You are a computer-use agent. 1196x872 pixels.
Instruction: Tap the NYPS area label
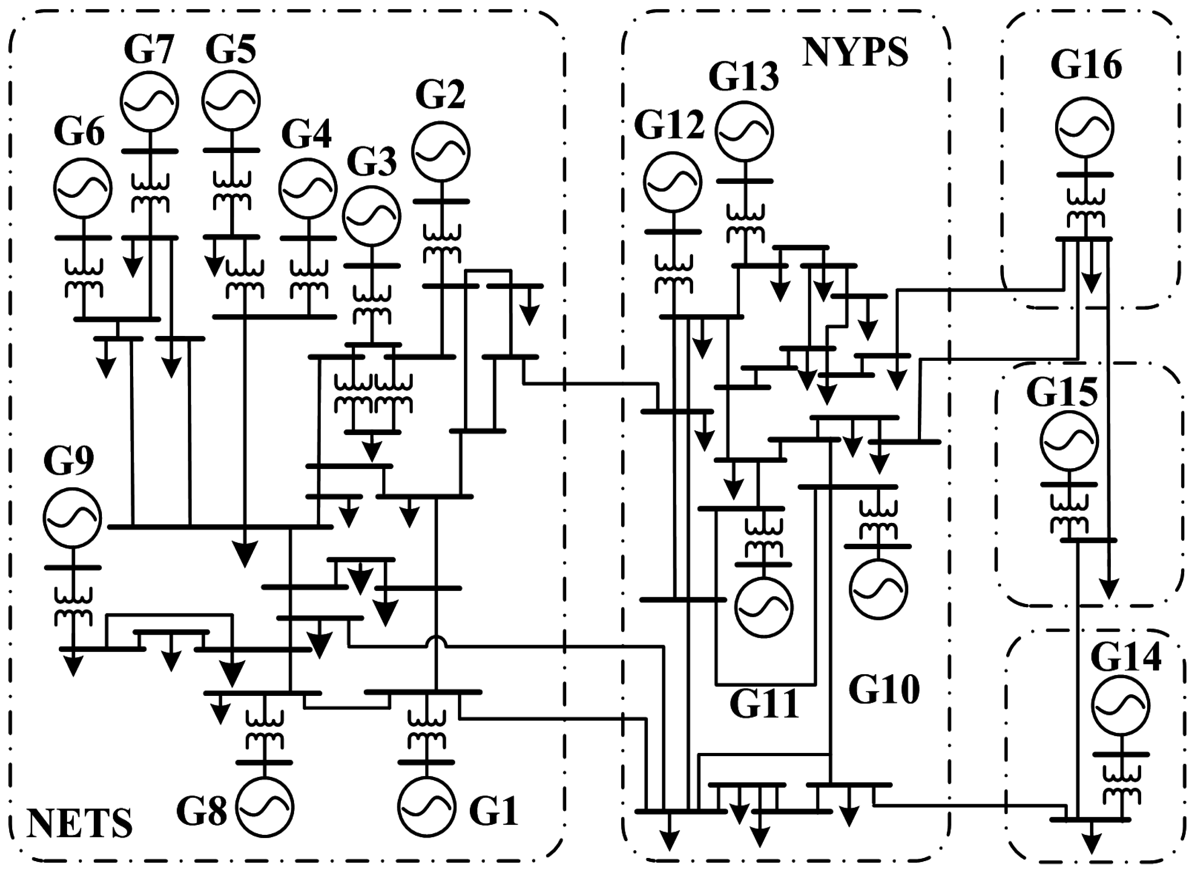pos(855,52)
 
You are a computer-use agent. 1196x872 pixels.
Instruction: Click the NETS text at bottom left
pos(79,824)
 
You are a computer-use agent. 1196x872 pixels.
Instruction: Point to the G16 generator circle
pos(1085,127)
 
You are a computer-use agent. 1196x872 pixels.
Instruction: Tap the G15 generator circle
pos(1069,441)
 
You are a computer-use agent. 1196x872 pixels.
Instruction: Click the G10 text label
pos(884,690)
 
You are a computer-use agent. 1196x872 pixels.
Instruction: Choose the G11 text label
pos(764,703)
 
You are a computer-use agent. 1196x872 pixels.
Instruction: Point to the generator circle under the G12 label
pos(672,182)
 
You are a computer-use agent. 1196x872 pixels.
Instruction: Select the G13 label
pos(743,77)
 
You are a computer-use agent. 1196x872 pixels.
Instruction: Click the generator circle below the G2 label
pos(440,152)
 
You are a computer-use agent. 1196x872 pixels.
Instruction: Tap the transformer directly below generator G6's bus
pos(83,278)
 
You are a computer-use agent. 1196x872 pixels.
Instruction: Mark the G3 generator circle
pos(371,216)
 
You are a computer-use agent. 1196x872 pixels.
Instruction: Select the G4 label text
pos(307,134)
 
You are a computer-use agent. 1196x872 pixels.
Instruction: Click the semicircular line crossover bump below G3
pos(436,642)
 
